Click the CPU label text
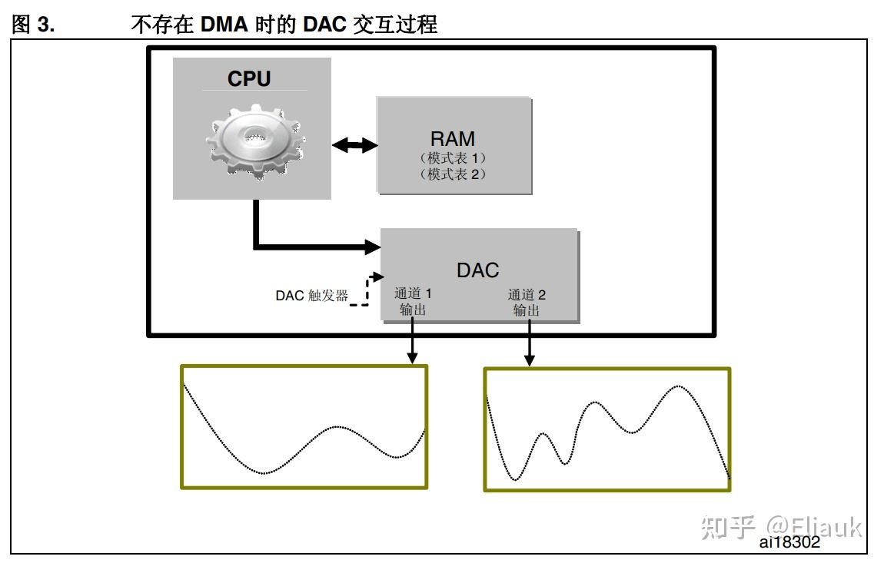249,78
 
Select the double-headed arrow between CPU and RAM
354,144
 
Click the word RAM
453,139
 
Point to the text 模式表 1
453,158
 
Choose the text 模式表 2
453,174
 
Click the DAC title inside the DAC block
477,270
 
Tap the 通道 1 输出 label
413,302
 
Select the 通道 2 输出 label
527,303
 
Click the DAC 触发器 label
311,296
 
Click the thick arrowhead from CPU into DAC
372,247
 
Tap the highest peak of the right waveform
678,386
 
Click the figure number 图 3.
34,25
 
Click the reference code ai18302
789,541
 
